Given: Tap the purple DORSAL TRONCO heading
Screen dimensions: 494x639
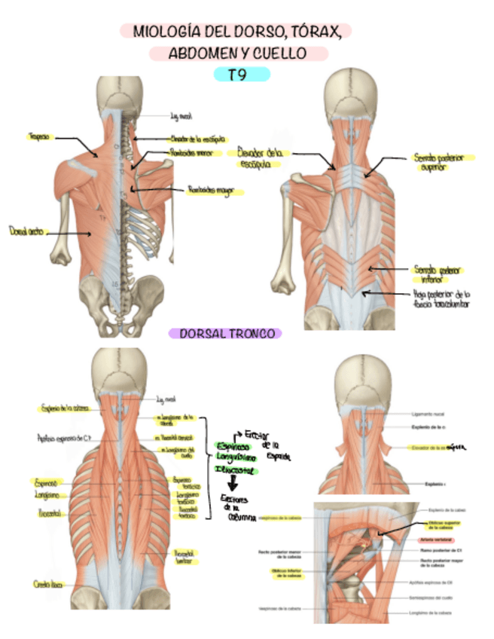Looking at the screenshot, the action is [225, 333].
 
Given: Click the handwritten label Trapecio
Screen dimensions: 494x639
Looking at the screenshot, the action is [38, 137].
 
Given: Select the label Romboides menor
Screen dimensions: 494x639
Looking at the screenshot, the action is [192, 153].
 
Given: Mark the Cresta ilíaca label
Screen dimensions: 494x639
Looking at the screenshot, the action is [47, 584].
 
